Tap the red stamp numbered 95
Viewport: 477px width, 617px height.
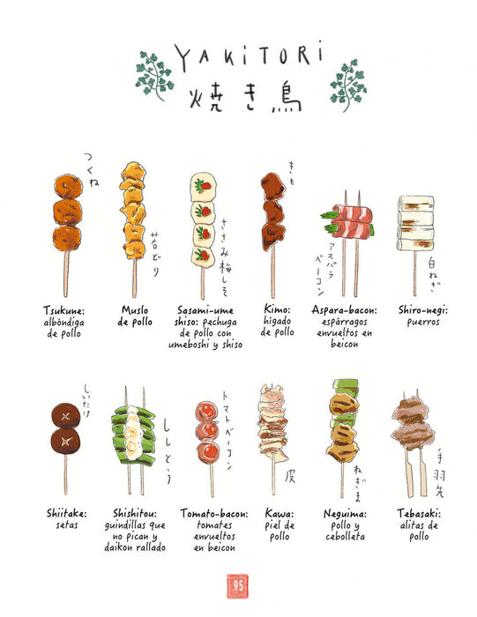click(x=238, y=584)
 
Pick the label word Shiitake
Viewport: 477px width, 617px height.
click(x=67, y=513)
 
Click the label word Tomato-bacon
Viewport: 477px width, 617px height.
click(x=212, y=513)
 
